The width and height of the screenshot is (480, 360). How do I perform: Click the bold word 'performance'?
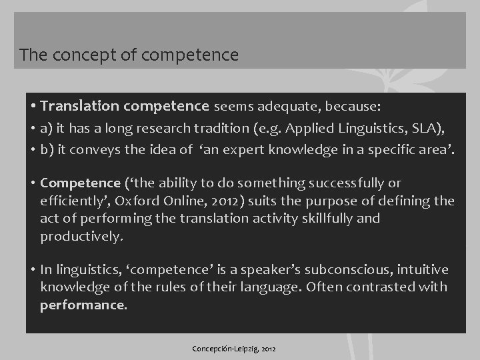83,305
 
